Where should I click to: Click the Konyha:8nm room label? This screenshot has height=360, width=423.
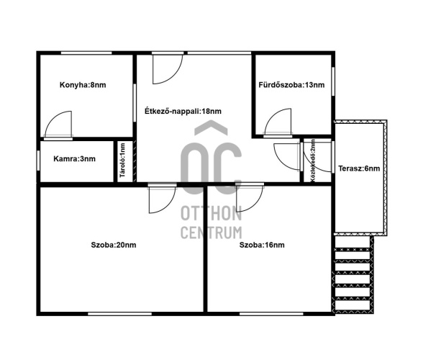pyautogui.click(x=83, y=85)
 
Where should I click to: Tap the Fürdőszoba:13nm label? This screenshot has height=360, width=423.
pyautogui.click(x=291, y=85)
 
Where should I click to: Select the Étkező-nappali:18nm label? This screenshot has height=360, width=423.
pyautogui.click(x=183, y=112)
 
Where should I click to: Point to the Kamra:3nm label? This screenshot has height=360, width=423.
pyautogui.click(x=75, y=159)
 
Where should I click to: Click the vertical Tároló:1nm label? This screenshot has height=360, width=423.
pyautogui.click(x=123, y=161)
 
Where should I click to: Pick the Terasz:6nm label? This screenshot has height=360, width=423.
pyautogui.click(x=359, y=168)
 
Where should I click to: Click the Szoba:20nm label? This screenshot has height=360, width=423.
pyautogui.click(x=114, y=246)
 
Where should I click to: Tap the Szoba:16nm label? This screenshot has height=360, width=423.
pyautogui.click(x=262, y=246)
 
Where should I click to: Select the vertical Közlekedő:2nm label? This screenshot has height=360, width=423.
pyautogui.click(x=313, y=161)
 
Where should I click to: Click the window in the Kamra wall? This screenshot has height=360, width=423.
pyautogui.click(x=39, y=161)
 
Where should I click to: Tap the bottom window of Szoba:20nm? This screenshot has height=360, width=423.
pyautogui.click(x=119, y=314)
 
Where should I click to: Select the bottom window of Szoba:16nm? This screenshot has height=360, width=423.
pyautogui.click(x=271, y=314)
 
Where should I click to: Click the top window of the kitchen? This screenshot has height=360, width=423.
pyautogui.click(x=86, y=53)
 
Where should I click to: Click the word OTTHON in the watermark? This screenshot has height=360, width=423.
pyautogui.click(x=211, y=214)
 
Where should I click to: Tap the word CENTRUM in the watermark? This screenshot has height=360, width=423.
pyautogui.click(x=211, y=233)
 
